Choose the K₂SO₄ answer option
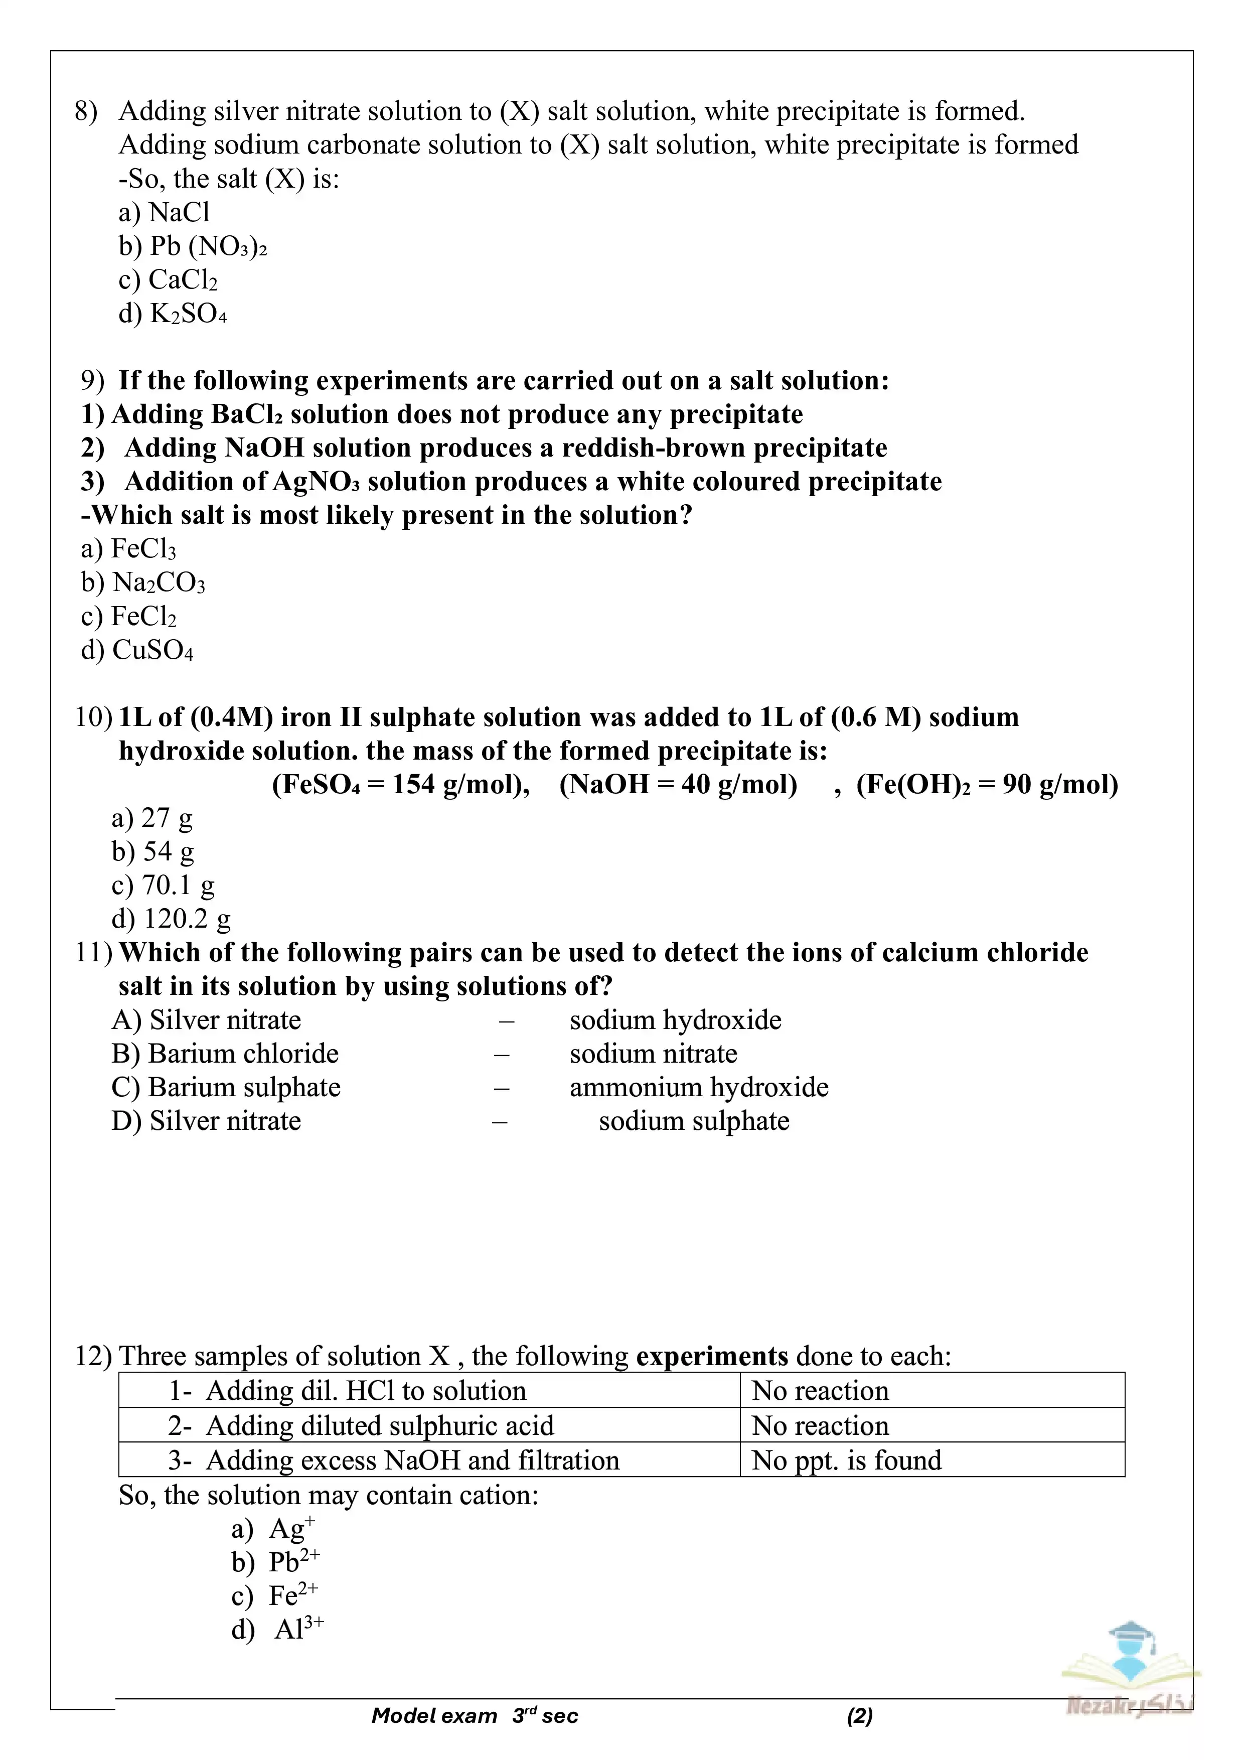click(173, 314)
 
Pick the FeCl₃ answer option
click(129, 549)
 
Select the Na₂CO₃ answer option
click(143, 582)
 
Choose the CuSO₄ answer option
click(137, 650)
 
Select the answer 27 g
click(152, 818)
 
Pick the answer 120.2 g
click(171, 918)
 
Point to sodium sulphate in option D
click(694, 1121)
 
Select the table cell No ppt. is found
click(846, 1460)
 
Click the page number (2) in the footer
click(860, 1715)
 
